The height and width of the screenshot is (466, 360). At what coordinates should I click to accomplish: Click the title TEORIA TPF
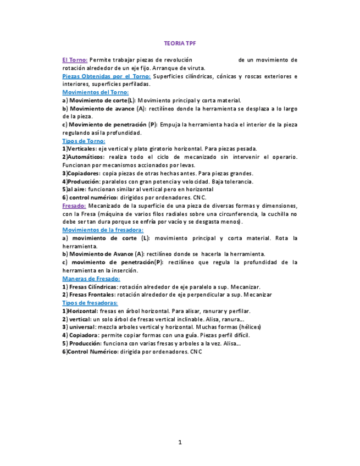tap(180, 43)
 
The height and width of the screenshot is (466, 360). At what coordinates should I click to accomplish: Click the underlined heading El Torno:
tap(75, 60)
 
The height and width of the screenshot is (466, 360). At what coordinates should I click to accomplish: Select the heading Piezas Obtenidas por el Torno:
tap(107, 76)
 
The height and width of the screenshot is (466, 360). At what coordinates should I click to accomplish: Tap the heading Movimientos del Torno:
tap(95, 93)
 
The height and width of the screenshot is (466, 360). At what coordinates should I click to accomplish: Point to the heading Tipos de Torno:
tap(84, 141)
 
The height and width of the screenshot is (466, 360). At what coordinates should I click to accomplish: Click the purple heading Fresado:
tap(74, 206)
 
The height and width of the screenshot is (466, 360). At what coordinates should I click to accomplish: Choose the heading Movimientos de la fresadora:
tap(103, 230)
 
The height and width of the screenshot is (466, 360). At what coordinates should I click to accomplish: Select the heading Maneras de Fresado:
tap(91, 279)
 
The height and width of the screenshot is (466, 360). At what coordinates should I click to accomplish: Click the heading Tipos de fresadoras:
tap(90, 303)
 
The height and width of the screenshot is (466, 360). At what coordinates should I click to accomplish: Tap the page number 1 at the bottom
tap(180, 442)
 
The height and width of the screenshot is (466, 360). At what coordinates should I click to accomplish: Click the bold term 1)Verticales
tap(79, 149)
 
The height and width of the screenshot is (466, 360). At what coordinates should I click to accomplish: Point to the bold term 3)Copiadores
tap(81, 173)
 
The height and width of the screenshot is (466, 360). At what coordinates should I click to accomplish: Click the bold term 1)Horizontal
tap(79, 311)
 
